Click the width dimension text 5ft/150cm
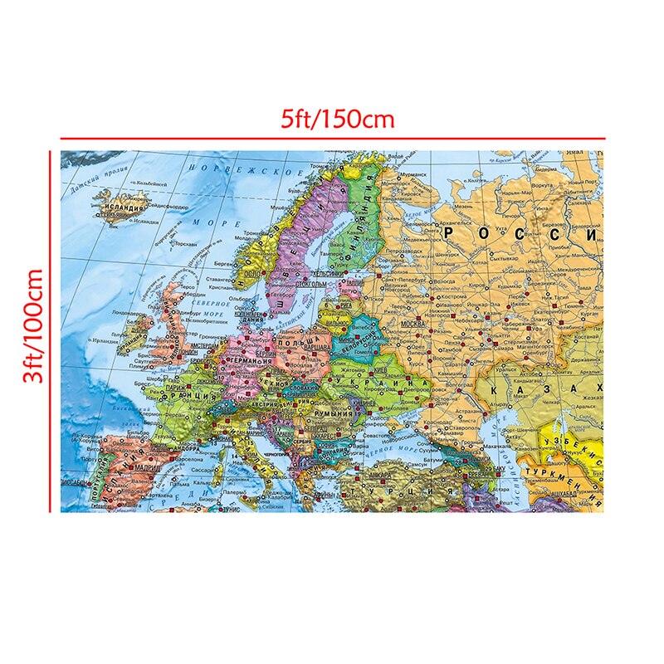pos(336,119)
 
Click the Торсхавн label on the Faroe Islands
pos(188,247)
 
